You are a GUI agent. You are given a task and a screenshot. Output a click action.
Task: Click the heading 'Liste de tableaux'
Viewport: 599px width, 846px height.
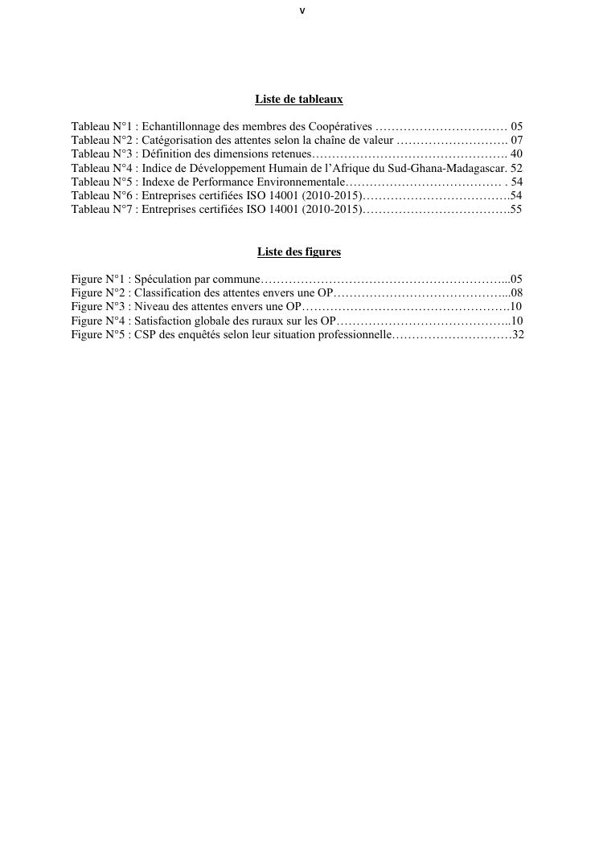click(x=299, y=100)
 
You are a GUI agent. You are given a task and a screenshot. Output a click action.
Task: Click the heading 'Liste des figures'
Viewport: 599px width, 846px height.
click(x=299, y=252)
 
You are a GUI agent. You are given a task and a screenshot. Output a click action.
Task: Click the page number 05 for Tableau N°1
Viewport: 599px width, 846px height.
click(x=517, y=127)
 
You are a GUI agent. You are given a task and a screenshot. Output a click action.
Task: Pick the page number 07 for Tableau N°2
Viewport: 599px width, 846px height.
click(x=517, y=141)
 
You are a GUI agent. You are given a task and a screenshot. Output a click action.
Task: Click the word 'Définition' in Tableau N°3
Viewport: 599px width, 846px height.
click(x=166, y=154)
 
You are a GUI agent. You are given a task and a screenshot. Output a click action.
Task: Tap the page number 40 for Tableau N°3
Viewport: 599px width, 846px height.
click(x=517, y=154)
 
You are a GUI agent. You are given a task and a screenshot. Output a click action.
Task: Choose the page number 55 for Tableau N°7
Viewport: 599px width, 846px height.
click(x=516, y=210)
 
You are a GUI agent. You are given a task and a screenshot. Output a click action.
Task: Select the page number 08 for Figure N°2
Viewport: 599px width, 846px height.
click(x=517, y=293)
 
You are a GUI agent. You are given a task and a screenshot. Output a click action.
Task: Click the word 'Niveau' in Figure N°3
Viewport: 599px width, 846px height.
click(x=150, y=307)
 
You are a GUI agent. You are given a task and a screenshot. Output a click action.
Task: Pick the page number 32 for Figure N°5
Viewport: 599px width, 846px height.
click(x=518, y=335)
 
